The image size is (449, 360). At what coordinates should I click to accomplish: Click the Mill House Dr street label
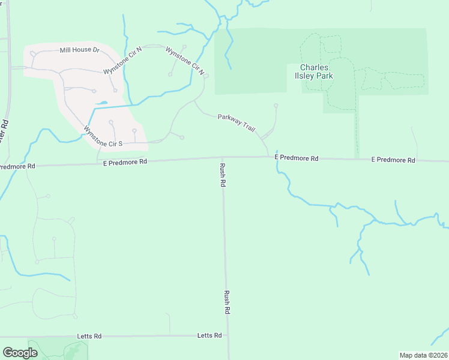(x=79, y=50)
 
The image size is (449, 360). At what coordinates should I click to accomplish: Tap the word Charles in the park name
(x=315, y=67)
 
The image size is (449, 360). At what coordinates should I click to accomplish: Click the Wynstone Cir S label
(x=103, y=136)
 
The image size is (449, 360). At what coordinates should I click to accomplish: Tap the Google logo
(x=20, y=353)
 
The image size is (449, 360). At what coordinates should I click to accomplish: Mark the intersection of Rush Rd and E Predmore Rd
(x=222, y=158)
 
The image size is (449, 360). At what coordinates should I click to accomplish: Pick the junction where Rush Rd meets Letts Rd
(x=229, y=335)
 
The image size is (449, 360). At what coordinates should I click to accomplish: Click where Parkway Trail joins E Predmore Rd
(x=268, y=157)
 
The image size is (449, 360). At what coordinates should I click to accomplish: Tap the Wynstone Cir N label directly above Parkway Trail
(x=185, y=61)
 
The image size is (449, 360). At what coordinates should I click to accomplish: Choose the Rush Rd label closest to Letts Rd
(x=227, y=303)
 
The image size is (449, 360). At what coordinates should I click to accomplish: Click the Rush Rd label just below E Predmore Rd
(x=222, y=175)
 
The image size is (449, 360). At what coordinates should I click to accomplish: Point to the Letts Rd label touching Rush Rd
(x=209, y=335)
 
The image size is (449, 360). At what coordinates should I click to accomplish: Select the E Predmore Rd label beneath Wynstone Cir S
(x=125, y=162)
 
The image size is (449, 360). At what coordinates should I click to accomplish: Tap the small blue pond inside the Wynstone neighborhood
(x=101, y=103)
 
